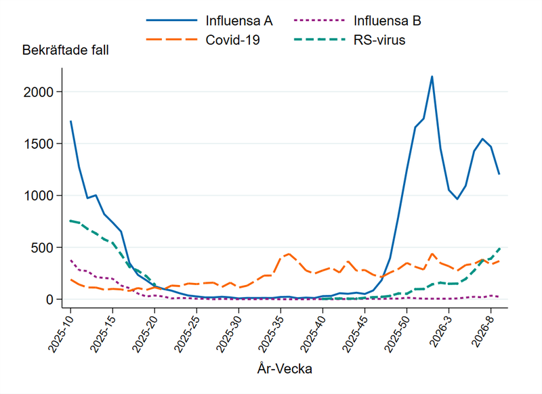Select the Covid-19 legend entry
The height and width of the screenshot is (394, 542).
click(232, 40)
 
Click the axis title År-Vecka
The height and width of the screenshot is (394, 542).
click(285, 369)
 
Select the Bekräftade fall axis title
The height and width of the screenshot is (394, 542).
click(65, 50)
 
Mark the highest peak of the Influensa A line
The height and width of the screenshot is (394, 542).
click(432, 76)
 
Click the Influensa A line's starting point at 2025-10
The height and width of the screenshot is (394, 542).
click(70, 121)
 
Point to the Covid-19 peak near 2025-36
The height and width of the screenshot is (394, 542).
click(289, 254)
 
